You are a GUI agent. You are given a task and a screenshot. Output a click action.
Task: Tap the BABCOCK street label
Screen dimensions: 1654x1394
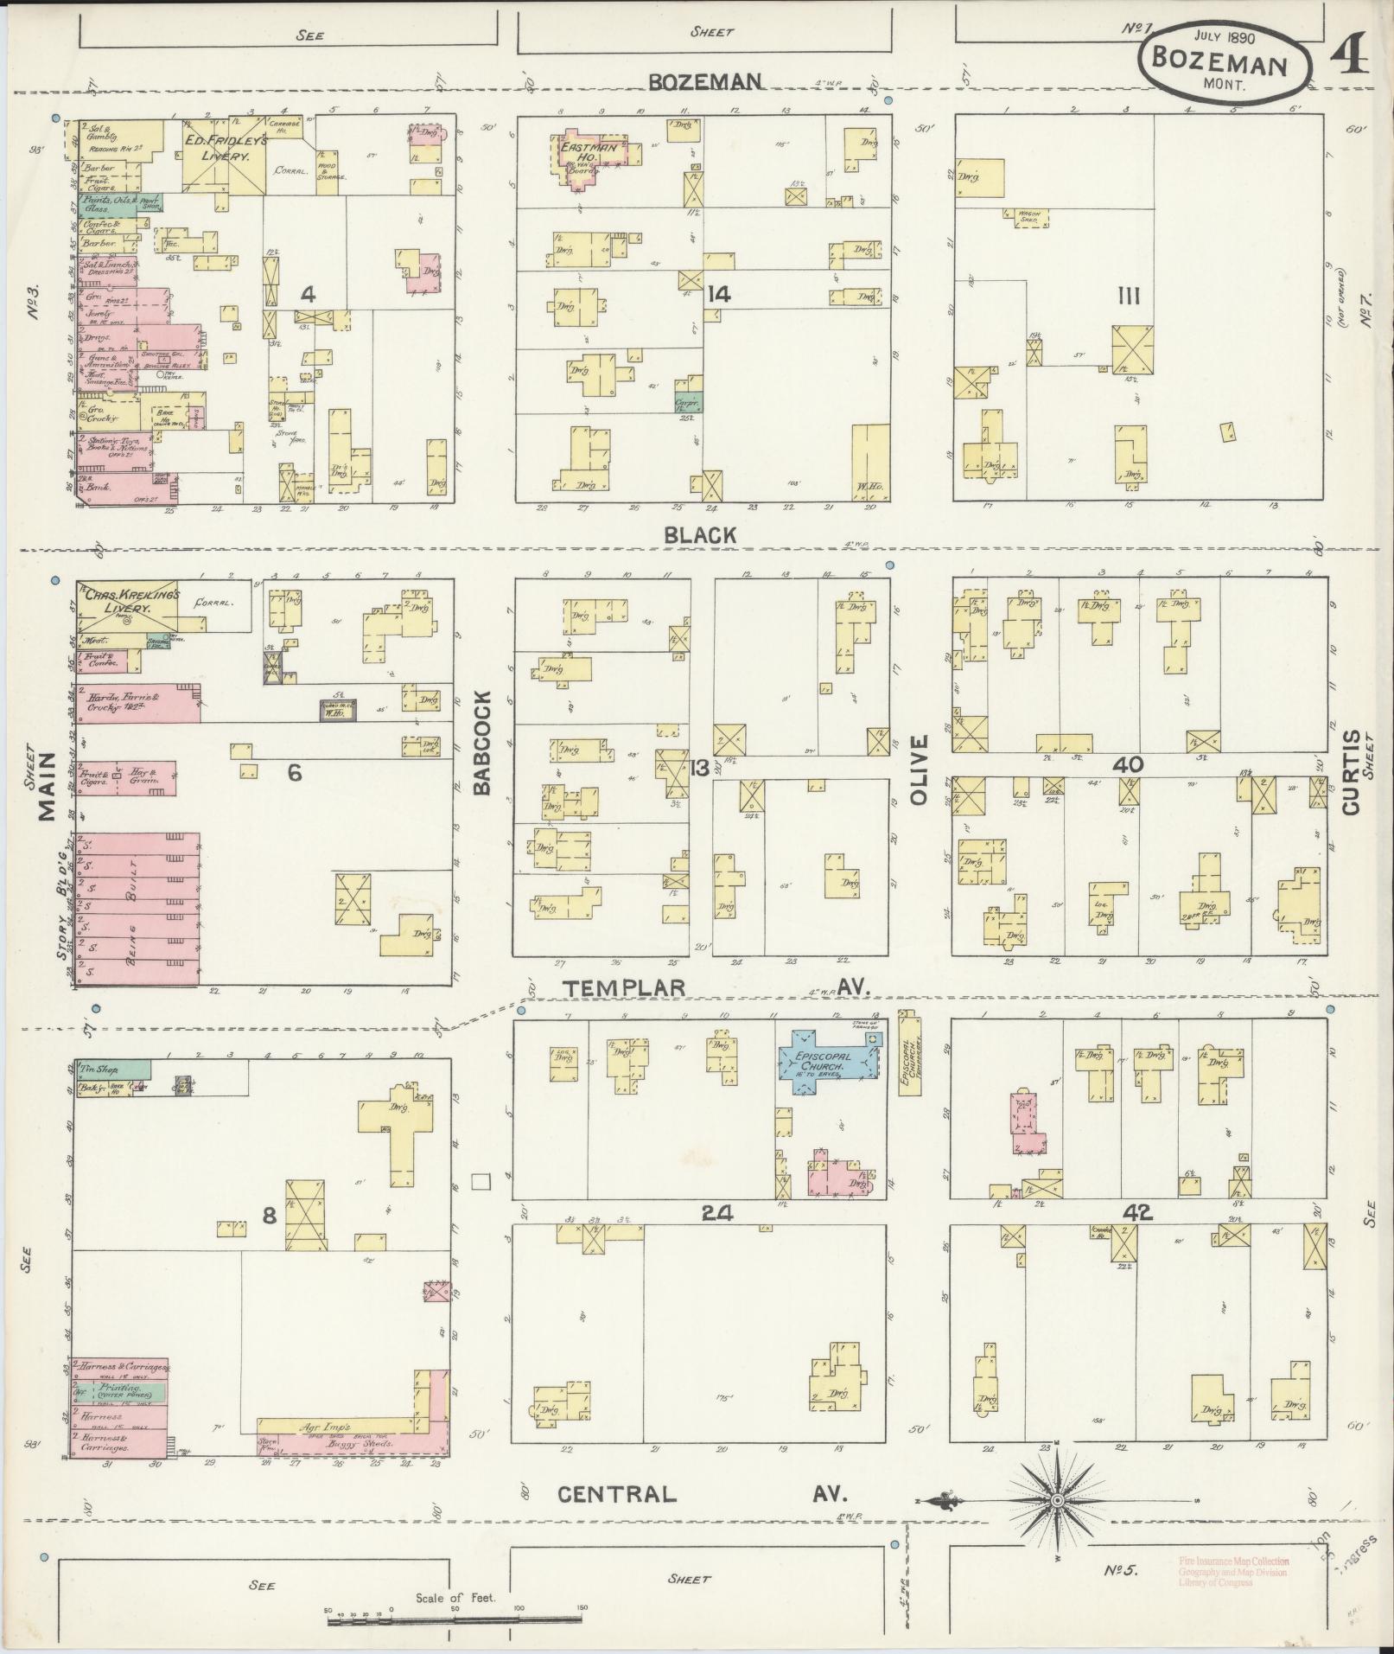482,742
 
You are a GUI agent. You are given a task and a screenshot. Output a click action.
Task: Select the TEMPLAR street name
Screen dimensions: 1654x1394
624,987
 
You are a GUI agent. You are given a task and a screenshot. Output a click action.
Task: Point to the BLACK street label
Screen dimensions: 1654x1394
700,535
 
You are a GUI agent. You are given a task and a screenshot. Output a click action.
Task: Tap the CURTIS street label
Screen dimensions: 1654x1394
1351,772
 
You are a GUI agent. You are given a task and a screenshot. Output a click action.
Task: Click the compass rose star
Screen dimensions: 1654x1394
1056,1500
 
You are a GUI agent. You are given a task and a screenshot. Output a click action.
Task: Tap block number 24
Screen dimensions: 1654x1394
717,1214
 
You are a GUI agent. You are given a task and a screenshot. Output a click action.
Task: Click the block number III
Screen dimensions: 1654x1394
1128,297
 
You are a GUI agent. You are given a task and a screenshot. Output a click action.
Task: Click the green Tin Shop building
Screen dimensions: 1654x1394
108,1069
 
